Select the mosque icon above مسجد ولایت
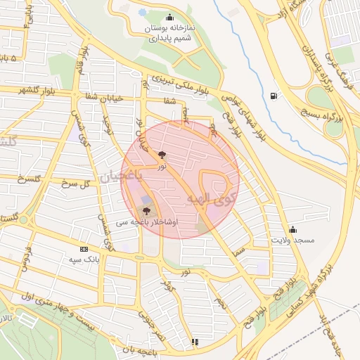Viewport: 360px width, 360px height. click(292, 229)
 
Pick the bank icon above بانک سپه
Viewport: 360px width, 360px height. click(84, 249)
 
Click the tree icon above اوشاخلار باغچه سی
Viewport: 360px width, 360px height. click(146, 210)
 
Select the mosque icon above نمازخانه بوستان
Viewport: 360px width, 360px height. click(169, 18)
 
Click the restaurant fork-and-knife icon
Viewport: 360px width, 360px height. click(195, 342)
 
